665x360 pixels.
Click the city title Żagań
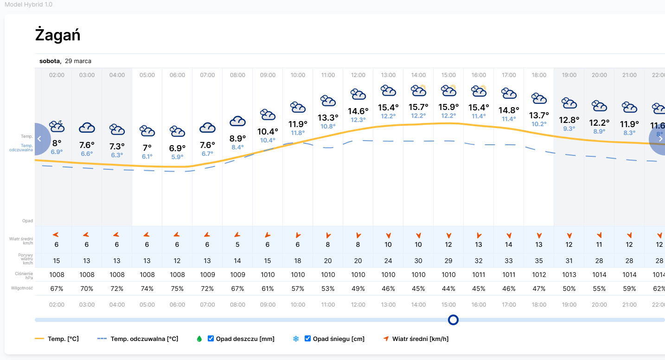[58, 35]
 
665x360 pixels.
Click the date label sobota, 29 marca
[65, 61]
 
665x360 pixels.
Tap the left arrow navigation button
[40, 139]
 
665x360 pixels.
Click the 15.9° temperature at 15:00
[448, 106]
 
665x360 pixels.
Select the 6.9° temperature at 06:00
[177, 148]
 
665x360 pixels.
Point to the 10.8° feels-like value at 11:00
[328, 126]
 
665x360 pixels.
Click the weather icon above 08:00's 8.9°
[237, 121]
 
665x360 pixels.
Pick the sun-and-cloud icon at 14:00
[418, 90]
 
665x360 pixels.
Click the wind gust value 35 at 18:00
[539, 261]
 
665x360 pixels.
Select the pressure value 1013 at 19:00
[569, 275]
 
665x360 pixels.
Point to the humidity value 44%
[448, 289]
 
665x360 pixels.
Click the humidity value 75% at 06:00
[177, 289]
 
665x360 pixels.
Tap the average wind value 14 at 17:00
[509, 244]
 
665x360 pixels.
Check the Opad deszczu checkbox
[211, 339]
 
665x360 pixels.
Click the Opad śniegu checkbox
[307, 339]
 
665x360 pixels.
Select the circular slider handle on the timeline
[453, 320]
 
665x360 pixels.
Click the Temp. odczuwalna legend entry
[138, 339]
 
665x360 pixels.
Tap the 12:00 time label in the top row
[358, 75]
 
